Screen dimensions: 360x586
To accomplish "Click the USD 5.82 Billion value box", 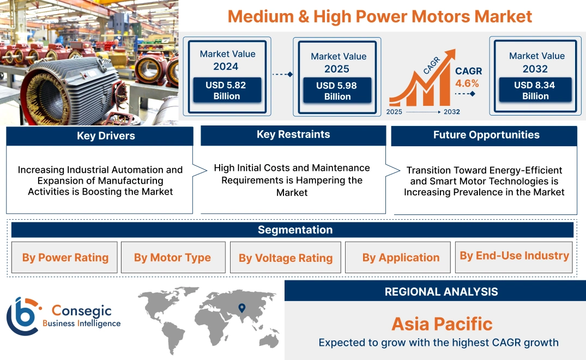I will [x=227, y=91].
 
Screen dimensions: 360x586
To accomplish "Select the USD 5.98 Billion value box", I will [x=337, y=91].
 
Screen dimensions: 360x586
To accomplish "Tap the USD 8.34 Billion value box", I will [x=535, y=91].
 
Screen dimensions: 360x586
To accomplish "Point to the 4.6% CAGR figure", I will [x=467, y=83].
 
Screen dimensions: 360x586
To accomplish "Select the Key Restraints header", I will [x=293, y=135].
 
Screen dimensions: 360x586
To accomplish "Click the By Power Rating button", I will [x=65, y=257].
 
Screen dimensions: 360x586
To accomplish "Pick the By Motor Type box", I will [x=172, y=257].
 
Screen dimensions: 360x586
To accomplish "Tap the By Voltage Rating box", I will [x=286, y=258].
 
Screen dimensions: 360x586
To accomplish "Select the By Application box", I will [x=401, y=257].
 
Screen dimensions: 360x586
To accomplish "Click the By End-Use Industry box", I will [x=514, y=256].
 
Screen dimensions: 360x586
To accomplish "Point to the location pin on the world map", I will [x=242, y=308].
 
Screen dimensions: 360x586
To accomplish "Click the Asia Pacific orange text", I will [x=442, y=324].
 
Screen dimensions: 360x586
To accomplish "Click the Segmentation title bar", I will [x=295, y=230].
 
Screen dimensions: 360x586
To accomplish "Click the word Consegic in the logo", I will [x=81, y=311].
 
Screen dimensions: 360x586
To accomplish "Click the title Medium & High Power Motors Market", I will [x=379, y=16].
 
